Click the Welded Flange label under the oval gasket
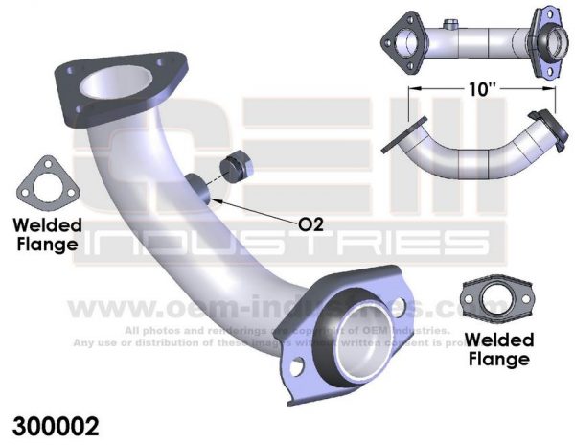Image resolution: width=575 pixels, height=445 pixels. pos(497,351)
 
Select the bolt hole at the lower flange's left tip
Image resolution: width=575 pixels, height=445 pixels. pos(299,364)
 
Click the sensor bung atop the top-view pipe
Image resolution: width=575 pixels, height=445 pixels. pos(448,23)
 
